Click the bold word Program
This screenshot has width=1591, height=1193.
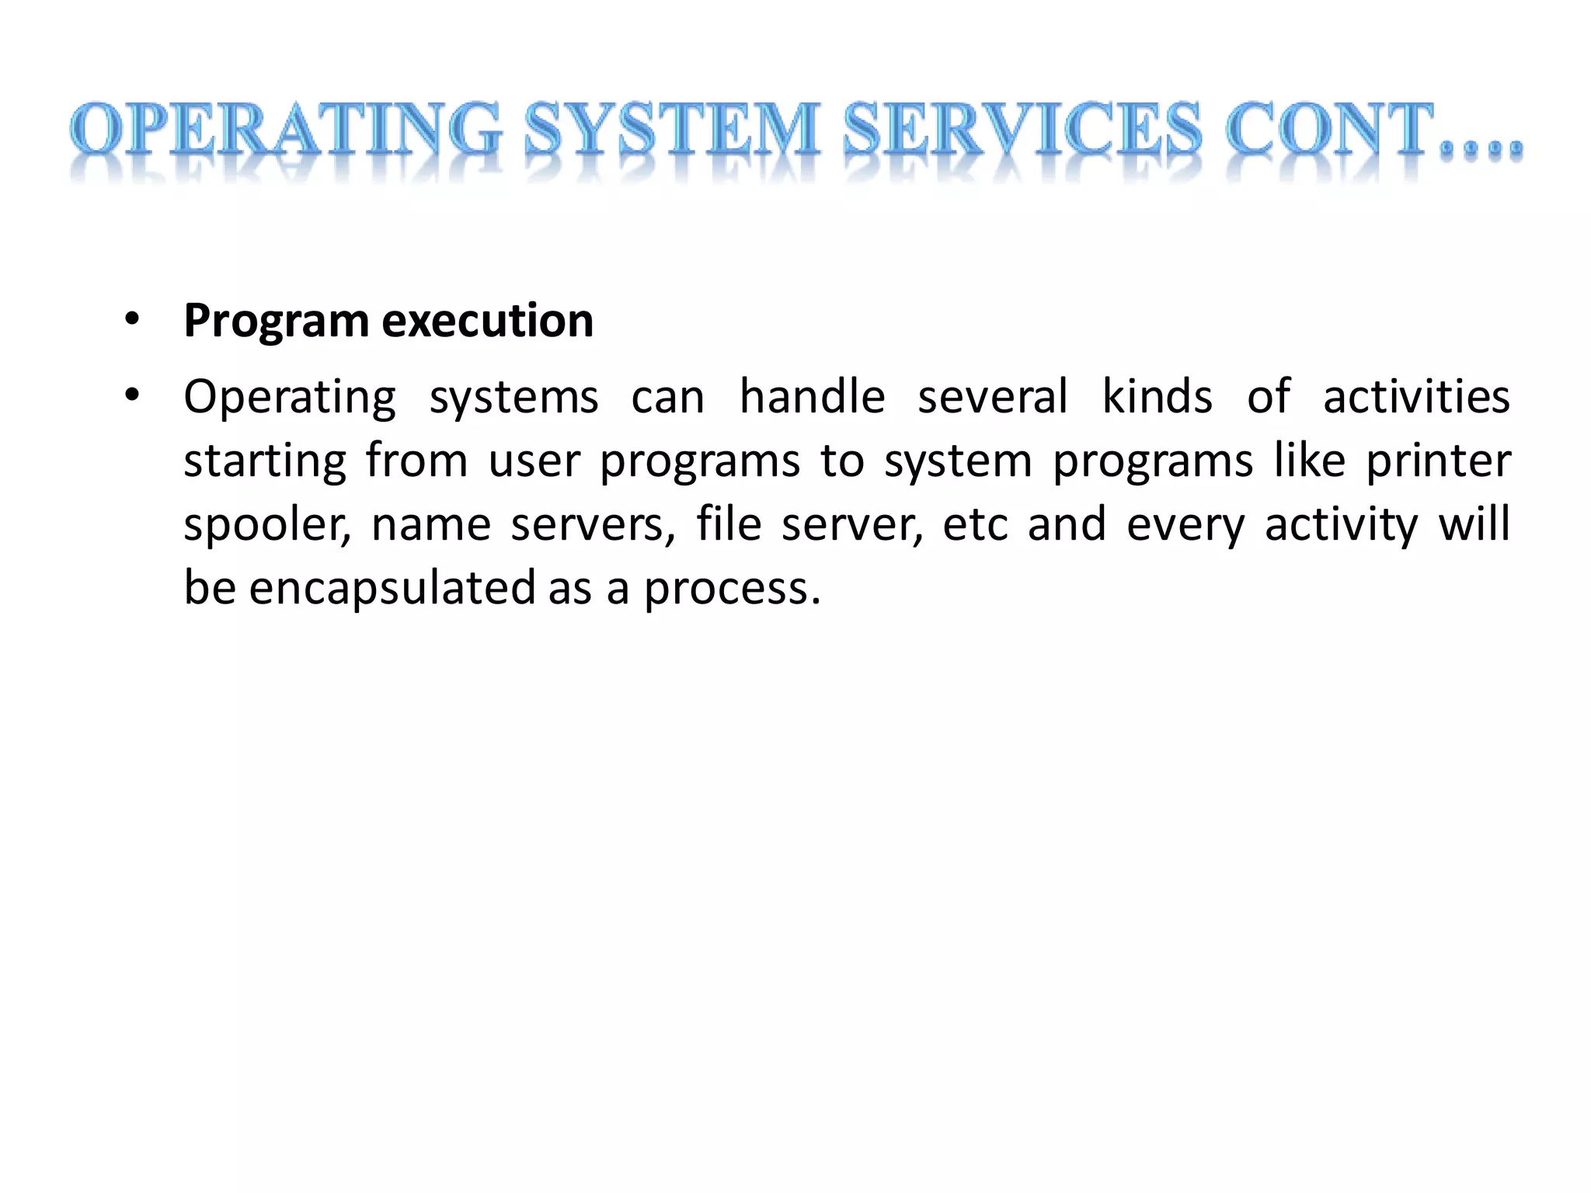tap(276, 322)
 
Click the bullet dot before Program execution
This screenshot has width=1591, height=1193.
tap(132, 319)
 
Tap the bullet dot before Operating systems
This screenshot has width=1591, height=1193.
tap(132, 395)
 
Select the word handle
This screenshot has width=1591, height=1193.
tap(812, 397)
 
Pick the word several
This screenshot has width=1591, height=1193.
tap(993, 397)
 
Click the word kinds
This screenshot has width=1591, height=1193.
tap(1158, 397)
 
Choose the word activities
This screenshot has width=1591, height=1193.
tap(1416, 397)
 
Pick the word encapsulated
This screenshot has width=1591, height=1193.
tap(392, 589)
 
